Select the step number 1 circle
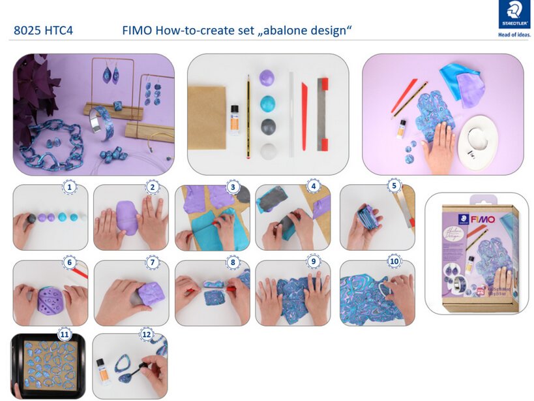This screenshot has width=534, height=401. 70,187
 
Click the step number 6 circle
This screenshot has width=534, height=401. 70,263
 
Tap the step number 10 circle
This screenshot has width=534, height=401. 394,261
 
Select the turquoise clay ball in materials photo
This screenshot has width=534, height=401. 268,103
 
